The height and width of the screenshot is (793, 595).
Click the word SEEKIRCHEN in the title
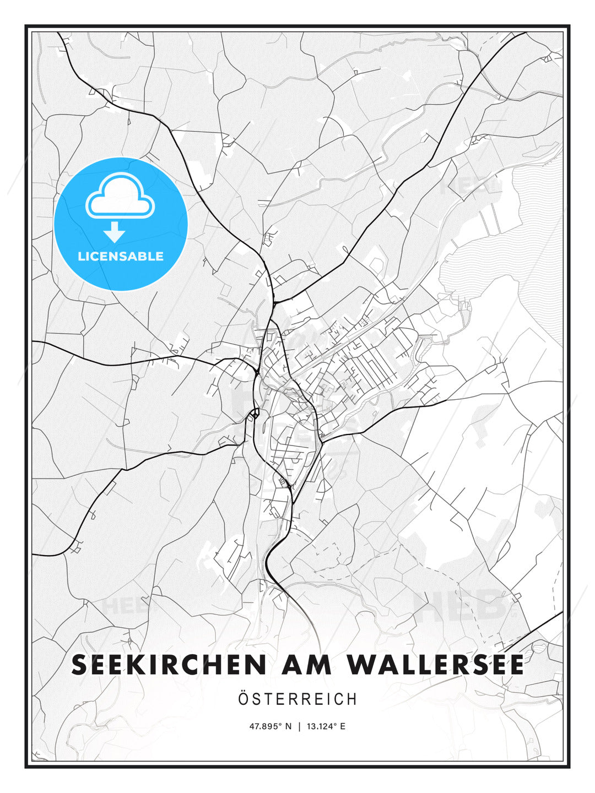[x=169, y=665]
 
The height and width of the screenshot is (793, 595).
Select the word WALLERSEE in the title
[x=435, y=665]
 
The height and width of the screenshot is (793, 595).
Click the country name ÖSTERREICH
[x=297, y=699]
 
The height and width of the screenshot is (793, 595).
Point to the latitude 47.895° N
[x=270, y=726]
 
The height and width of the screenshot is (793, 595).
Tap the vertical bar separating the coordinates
[x=299, y=726]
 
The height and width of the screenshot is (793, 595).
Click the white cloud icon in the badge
[x=120, y=195]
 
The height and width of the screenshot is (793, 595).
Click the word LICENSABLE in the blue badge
[x=121, y=256]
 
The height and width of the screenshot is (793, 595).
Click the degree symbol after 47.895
[x=280, y=724]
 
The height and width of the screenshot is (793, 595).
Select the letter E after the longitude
[x=343, y=726]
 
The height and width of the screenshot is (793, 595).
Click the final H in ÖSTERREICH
[x=353, y=699]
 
